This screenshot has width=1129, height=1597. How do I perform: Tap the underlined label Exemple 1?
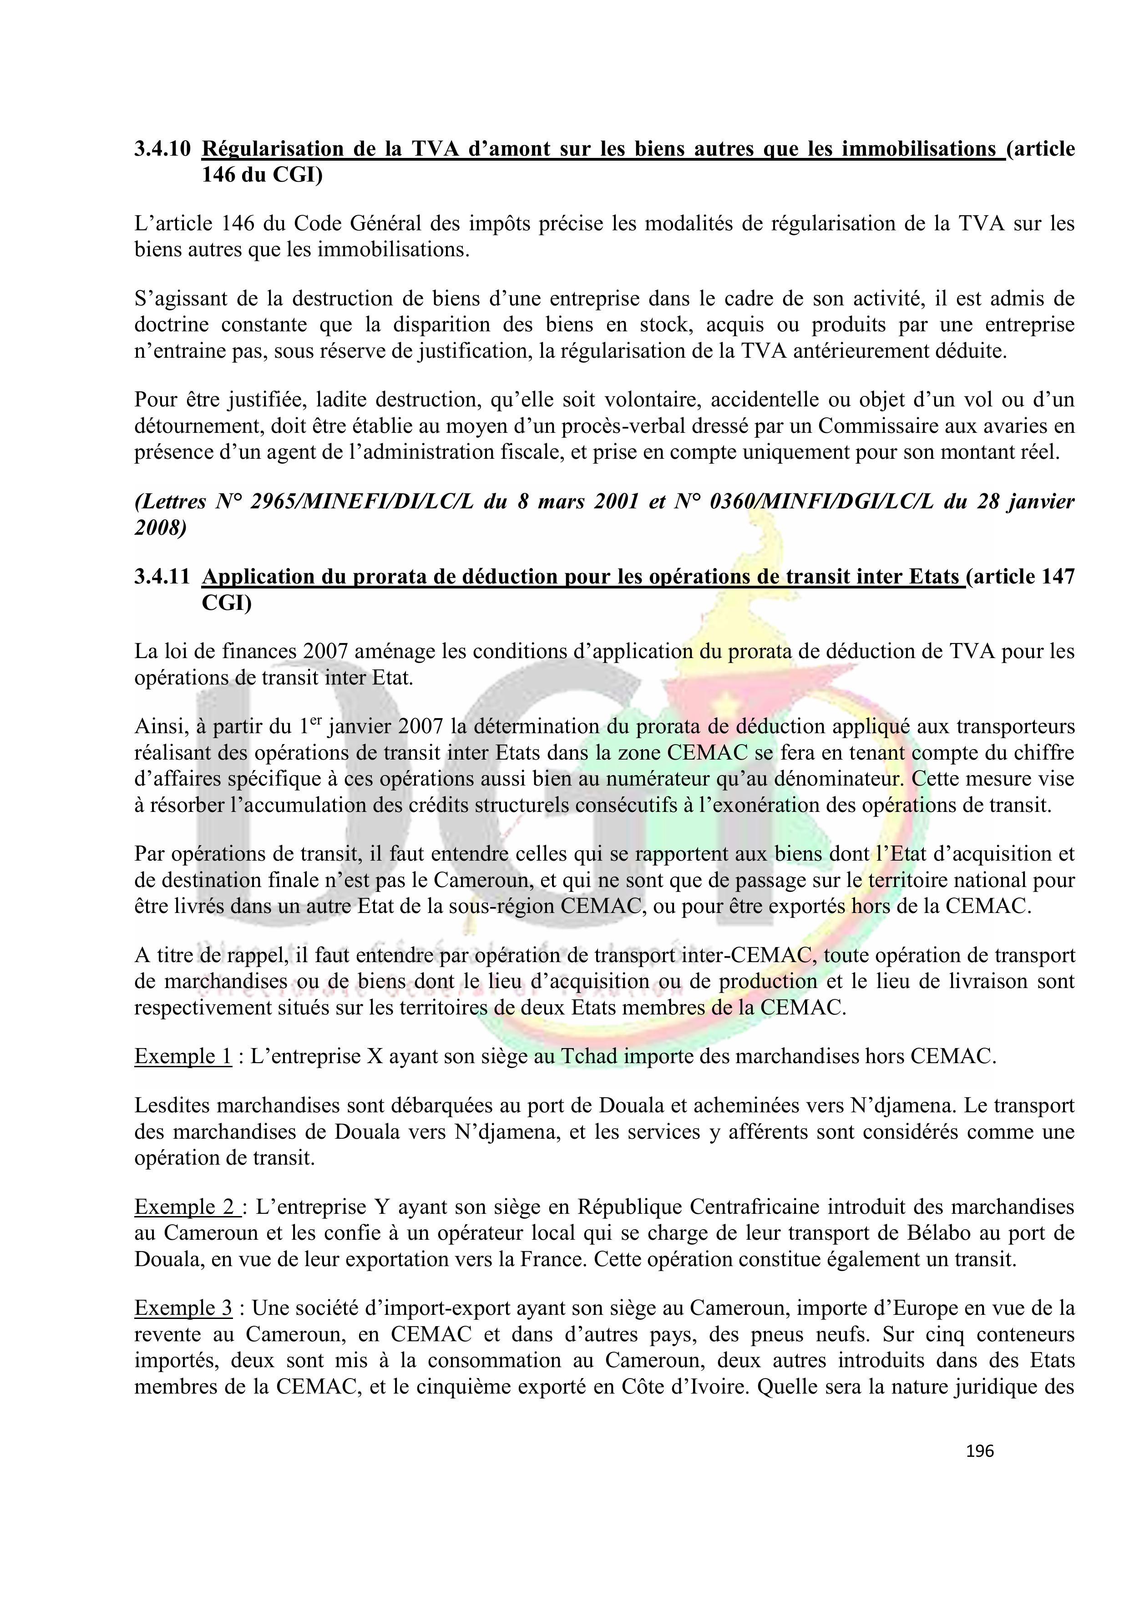(183, 1056)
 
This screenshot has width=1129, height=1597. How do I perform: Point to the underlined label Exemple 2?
(186, 1207)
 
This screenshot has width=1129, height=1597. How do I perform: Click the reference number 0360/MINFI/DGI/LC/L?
(821, 502)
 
